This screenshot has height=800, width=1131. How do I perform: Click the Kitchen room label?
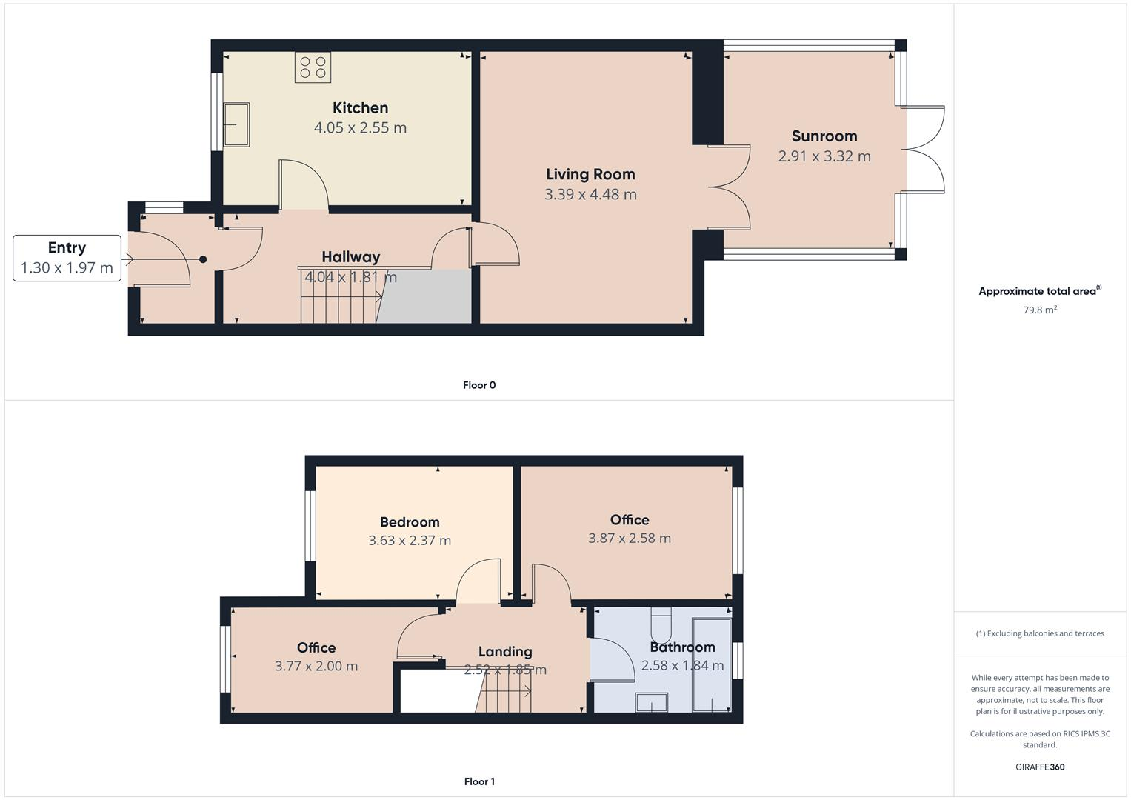pyautogui.click(x=360, y=108)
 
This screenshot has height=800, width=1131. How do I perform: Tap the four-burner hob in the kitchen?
pyautogui.click(x=313, y=67)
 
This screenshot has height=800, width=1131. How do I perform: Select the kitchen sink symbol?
pyautogui.click(x=236, y=124)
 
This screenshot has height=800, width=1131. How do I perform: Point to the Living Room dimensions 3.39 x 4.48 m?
pyautogui.click(x=590, y=194)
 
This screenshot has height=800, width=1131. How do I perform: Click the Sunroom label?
pyautogui.click(x=824, y=136)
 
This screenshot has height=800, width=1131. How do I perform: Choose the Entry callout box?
pyautogui.click(x=67, y=258)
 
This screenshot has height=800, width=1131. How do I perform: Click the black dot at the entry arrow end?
pyautogui.click(x=203, y=259)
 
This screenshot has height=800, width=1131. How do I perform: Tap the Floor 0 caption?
pyautogui.click(x=479, y=385)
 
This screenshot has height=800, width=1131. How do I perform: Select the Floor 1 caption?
pyautogui.click(x=479, y=781)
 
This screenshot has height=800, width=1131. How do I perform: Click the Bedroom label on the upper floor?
pyautogui.click(x=410, y=522)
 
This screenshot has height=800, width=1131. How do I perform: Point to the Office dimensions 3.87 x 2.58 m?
pyautogui.click(x=630, y=539)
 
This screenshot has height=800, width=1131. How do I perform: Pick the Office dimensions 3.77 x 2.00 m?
pyautogui.click(x=316, y=666)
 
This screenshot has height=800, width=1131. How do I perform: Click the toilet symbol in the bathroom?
pyautogui.click(x=661, y=624)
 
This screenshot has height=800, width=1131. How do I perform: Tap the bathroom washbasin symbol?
pyautogui.click(x=651, y=702)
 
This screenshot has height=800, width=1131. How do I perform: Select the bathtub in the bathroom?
pyautogui.click(x=712, y=665)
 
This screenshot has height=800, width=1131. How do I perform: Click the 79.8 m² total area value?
pyautogui.click(x=1040, y=310)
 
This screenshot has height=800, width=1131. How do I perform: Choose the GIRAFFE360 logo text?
pyautogui.click(x=1040, y=767)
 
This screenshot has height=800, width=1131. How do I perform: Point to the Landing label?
pyautogui.click(x=505, y=652)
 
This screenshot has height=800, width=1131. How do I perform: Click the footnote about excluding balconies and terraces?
pyautogui.click(x=1040, y=633)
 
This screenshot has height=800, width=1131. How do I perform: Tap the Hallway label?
pyautogui.click(x=350, y=257)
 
